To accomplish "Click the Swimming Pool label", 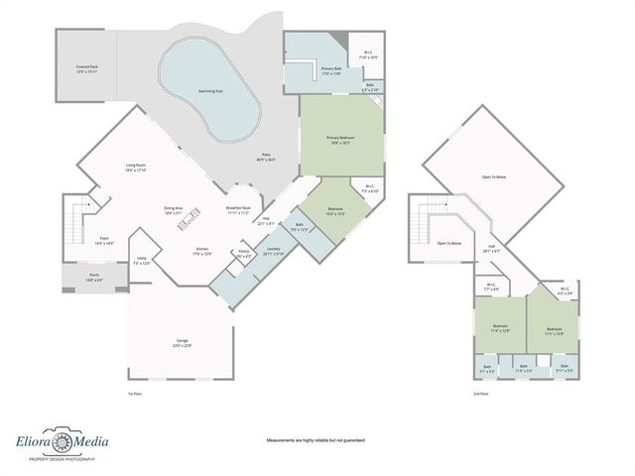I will [209, 90].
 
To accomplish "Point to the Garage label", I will [183, 342].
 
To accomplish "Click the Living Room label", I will [136, 168].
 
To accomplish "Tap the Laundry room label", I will [273, 251].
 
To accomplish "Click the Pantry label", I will [243, 253].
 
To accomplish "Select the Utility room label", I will [142, 261].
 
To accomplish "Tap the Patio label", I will [265, 157].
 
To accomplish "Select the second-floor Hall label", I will [489, 250].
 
